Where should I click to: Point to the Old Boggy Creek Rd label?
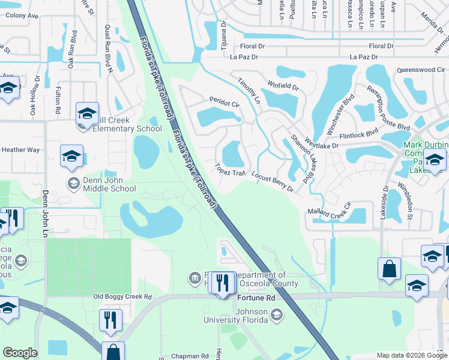122,297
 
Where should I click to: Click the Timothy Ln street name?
249,90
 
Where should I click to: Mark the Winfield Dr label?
284,86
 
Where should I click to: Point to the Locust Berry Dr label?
273,182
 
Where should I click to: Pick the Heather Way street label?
21,150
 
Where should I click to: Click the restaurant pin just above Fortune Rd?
223,283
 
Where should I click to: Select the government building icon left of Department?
195,278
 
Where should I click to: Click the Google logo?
20,353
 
